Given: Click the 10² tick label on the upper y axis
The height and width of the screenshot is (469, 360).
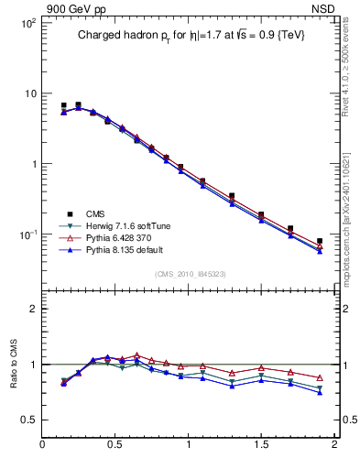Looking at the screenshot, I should [x=27, y=22].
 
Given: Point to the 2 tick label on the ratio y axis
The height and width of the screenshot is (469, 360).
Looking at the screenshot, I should [x=31, y=309].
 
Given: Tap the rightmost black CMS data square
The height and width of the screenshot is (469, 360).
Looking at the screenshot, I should [x=320, y=241].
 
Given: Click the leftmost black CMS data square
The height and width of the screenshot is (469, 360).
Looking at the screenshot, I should [x=63, y=105].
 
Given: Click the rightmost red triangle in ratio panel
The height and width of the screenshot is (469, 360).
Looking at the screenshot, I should [x=320, y=377].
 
